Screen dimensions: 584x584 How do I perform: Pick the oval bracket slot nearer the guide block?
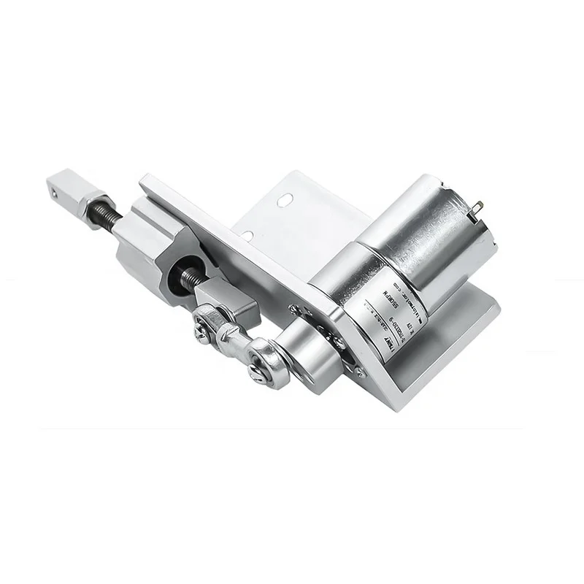[248, 235]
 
